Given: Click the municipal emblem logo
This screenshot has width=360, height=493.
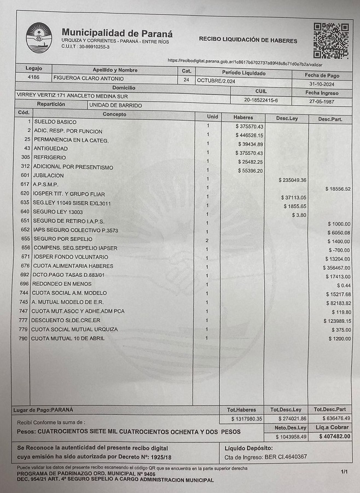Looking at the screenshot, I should coord(38,37).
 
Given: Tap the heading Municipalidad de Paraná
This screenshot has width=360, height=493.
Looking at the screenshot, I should coord(117,33).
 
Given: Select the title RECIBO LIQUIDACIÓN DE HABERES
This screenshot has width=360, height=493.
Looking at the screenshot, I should coord(248,40).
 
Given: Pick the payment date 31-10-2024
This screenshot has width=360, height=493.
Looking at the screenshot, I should coord(322,84).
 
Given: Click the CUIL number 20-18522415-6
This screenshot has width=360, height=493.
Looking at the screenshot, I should coord(260,100).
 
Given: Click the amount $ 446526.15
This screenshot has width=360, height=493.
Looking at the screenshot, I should coord(249,135).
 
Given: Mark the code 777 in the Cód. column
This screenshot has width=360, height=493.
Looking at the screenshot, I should coord(23,320).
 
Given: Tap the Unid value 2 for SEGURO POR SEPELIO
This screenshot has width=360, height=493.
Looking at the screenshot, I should coord(207,240).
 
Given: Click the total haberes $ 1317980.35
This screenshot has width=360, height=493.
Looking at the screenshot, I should coord(245,419).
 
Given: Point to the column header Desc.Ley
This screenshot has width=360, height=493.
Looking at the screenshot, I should coord(286,118).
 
